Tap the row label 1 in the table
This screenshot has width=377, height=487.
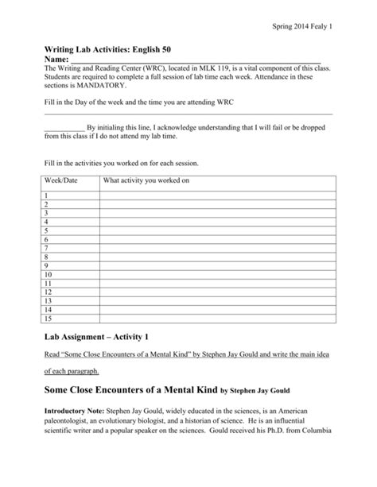tap(47, 195)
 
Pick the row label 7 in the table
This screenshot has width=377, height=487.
tap(47, 248)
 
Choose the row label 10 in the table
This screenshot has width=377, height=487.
tap(49, 274)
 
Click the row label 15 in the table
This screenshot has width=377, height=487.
tap(49, 318)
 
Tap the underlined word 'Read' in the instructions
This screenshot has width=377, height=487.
tap(52, 354)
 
